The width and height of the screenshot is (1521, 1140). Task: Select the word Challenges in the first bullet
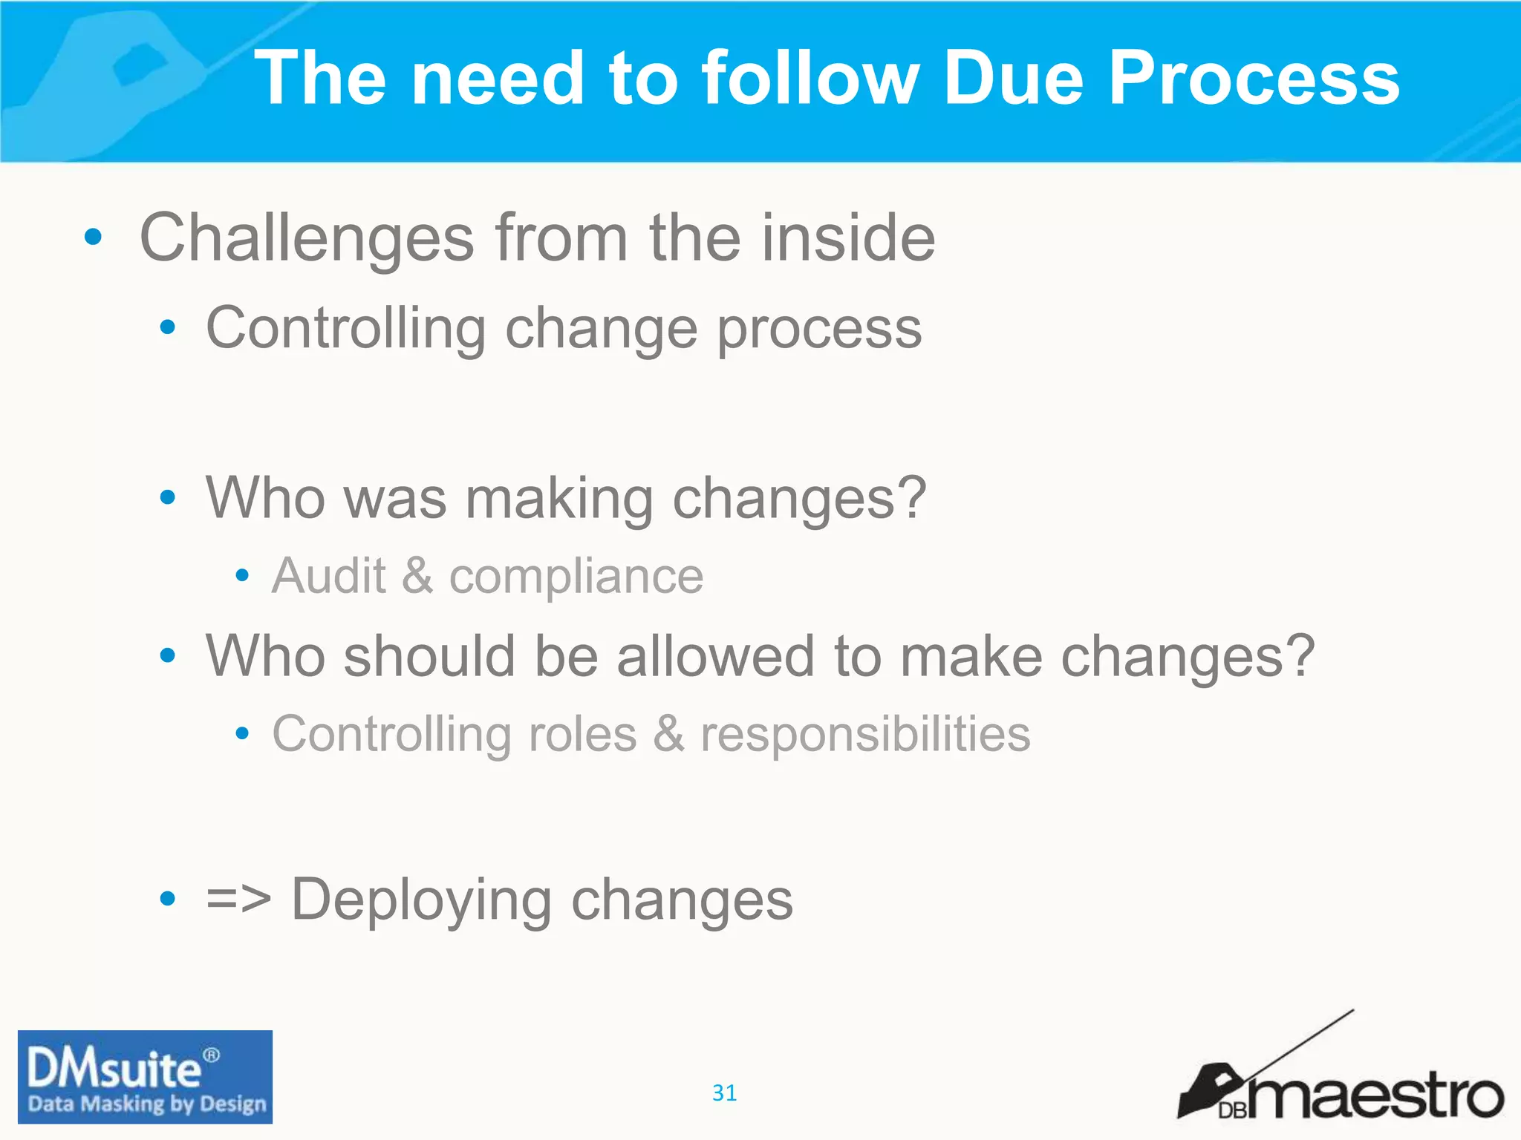point(307,238)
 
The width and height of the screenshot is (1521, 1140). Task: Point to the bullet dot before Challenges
point(93,237)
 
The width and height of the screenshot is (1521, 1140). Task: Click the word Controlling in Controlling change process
point(345,328)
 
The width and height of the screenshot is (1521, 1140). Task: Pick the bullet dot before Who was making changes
point(168,497)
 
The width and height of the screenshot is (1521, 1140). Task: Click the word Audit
point(329,576)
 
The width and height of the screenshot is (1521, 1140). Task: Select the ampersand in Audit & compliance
point(417,576)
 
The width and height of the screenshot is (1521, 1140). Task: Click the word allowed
point(716,656)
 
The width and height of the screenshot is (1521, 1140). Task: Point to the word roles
point(582,734)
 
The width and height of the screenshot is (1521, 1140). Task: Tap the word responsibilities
point(865,736)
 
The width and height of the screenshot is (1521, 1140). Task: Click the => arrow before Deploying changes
point(238,899)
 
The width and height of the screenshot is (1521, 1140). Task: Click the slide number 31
point(724,1092)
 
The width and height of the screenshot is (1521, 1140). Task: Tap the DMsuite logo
point(145,1077)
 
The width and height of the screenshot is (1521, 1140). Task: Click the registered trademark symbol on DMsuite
point(212,1055)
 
